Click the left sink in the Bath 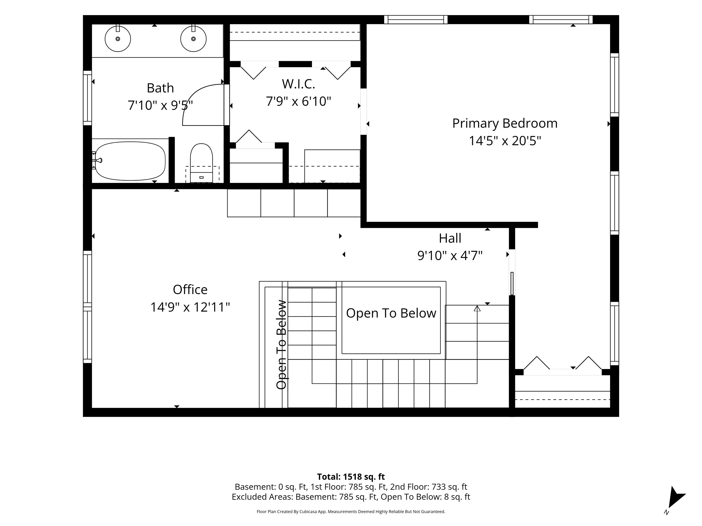coord(118,39)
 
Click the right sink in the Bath coord(193,39)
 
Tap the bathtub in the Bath coord(130,161)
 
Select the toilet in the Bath coord(202,163)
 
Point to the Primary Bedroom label coord(505,123)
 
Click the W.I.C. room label coord(298,84)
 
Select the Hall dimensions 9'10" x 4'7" coord(450,255)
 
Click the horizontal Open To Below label coord(391,313)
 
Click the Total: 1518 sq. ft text coord(351,477)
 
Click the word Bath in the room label coord(160,88)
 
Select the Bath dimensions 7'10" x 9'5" coord(160,105)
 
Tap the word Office coord(190,290)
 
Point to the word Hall coord(450,238)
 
